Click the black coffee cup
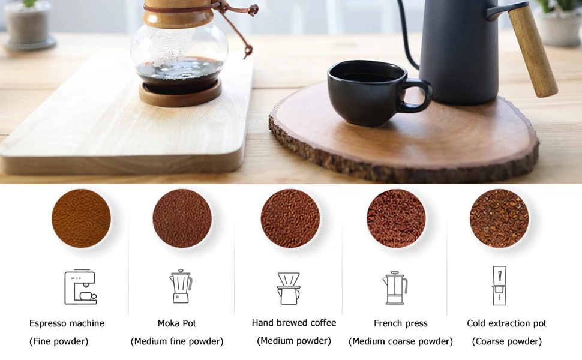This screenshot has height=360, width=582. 371,93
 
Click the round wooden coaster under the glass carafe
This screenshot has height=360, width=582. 181,94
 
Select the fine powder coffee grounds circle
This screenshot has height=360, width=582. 81,218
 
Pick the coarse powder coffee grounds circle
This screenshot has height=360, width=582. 499,218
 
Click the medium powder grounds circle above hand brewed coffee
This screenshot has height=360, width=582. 290,218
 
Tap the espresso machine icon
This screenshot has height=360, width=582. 80,287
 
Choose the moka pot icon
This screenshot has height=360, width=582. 181,286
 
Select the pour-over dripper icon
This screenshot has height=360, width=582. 289,289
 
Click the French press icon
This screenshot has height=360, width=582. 395,287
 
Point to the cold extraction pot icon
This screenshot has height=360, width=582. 499,286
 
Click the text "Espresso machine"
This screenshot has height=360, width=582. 67,323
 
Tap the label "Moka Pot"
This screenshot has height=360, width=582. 177,323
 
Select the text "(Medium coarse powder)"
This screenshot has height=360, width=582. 400,341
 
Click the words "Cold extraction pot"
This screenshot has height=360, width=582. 506,323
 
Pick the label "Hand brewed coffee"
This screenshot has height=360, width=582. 294,323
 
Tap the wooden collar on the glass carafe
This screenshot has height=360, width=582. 179,13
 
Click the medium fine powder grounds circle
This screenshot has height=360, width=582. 182,218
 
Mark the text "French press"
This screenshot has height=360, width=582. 400,323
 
